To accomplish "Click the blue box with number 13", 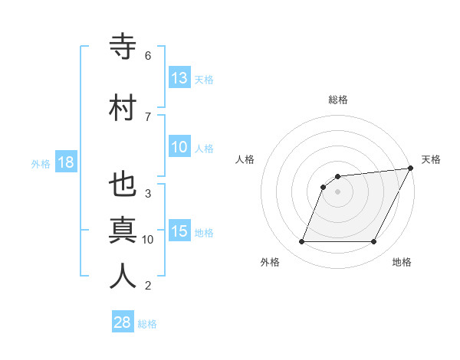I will (x=179, y=78).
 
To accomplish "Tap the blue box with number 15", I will (x=179, y=231).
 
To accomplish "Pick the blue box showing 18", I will (x=66, y=162).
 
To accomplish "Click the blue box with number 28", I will (x=123, y=322).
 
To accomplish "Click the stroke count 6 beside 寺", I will (x=148, y=56).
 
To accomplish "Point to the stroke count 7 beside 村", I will (x=148, y=116).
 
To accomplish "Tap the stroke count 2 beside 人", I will (x=148, y=286).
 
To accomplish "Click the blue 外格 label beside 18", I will (x=41, y=163).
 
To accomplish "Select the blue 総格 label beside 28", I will (x=148, y=323).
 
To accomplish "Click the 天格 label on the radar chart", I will (x=431, y=159).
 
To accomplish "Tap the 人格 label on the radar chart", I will (x=245, y=159).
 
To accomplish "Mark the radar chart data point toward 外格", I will (x=302, y=242).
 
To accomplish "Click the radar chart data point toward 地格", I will (x=374, y=242).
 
